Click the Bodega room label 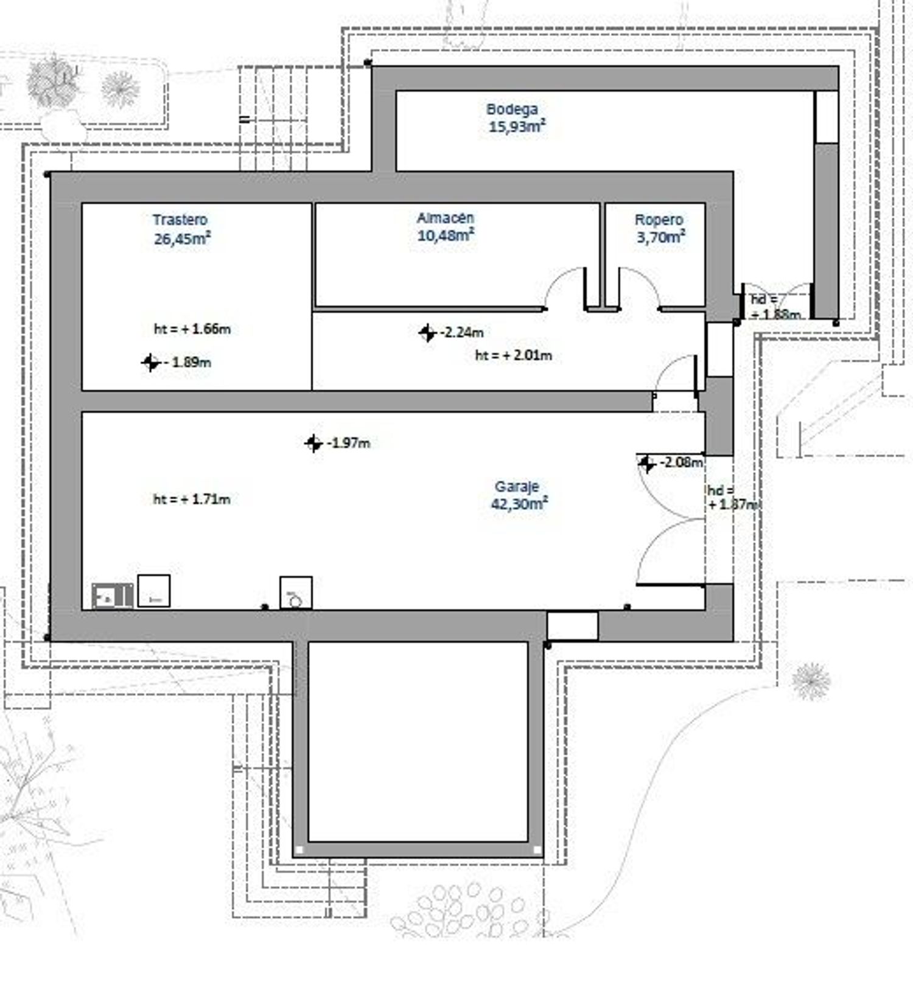coord(512,110)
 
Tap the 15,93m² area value coord(517,127)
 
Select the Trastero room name coord(180,220)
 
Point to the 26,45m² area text coord(182,238)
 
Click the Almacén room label coord(446,218)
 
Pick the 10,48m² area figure coord(446,235)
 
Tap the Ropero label coord(659,220)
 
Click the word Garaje coord(517,487)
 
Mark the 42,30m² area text coord(519,504)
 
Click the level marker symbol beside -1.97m coord(313,444)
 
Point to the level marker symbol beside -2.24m coord(427,333)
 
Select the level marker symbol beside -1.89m coord(150,363)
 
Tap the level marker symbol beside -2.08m coord(646,464)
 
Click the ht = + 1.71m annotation coord(192,500)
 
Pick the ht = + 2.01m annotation coord(513,355)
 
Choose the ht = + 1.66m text coord(192,329)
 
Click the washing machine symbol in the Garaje coord(296,593)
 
